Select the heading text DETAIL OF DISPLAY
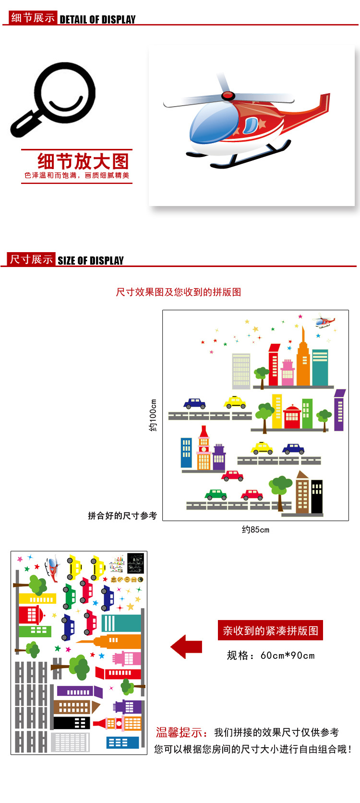97,20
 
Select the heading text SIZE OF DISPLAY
91,261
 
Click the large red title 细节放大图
83,161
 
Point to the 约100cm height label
153,415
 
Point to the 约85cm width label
255,530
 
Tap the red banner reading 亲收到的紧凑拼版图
270,631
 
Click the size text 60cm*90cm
288,656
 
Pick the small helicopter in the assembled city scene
324,321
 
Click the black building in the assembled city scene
317,497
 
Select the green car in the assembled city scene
216,494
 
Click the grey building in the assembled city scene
241,371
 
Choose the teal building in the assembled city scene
320,367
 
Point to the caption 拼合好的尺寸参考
122,516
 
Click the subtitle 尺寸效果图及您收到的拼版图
179,292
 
